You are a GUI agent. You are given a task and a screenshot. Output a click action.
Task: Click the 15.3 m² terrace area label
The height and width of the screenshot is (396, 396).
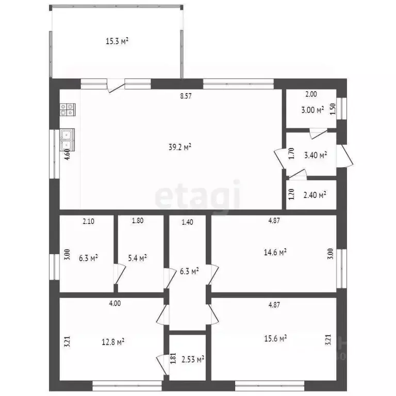(x=117, y=41)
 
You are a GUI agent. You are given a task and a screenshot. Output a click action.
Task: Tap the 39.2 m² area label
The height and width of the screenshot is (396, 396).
(x=180, y=147)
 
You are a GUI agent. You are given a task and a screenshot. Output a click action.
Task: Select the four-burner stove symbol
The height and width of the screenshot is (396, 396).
(x=68, y=110)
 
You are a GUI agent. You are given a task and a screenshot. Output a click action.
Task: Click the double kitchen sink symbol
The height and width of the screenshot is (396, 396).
(x=67, y=140)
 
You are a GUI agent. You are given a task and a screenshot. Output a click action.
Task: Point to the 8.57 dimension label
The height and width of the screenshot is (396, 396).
(x=186, y=96)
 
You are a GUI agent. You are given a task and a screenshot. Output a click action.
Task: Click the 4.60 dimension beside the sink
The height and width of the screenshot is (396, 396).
(x=67, y=154)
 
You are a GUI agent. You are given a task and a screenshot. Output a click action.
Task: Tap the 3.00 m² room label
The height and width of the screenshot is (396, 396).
(x=312, y=110)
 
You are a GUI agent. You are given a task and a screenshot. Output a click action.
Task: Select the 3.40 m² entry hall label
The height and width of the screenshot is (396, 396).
(x=316, y=155)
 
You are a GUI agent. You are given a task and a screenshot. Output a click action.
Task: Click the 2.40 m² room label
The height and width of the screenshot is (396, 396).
(x=315, y=195)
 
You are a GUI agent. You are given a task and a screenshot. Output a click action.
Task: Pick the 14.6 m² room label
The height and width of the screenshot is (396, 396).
(x=275, y=252)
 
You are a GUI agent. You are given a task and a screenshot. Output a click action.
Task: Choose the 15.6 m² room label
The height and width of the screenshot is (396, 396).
(x=275, y=338)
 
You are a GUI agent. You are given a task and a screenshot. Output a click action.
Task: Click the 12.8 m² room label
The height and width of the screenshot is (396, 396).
(x=113, y=342)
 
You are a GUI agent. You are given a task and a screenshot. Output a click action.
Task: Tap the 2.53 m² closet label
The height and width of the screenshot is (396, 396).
(x=193, y=359)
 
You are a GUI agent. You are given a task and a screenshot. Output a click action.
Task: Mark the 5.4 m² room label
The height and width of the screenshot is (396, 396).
(x=137, y=258)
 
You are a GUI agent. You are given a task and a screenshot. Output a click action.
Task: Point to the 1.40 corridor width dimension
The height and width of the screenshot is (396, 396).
(x=187, y=222)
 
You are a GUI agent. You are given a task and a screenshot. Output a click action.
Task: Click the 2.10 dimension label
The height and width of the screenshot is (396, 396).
(x=88, y=221)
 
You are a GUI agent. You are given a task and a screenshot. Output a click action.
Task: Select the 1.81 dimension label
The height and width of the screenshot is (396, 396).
(x=173, y=358)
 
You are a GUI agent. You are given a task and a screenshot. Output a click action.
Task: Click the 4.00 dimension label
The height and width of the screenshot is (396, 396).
(x=115, y=303)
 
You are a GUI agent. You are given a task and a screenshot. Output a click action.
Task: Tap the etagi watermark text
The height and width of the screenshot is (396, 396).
(x=197, y=197)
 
